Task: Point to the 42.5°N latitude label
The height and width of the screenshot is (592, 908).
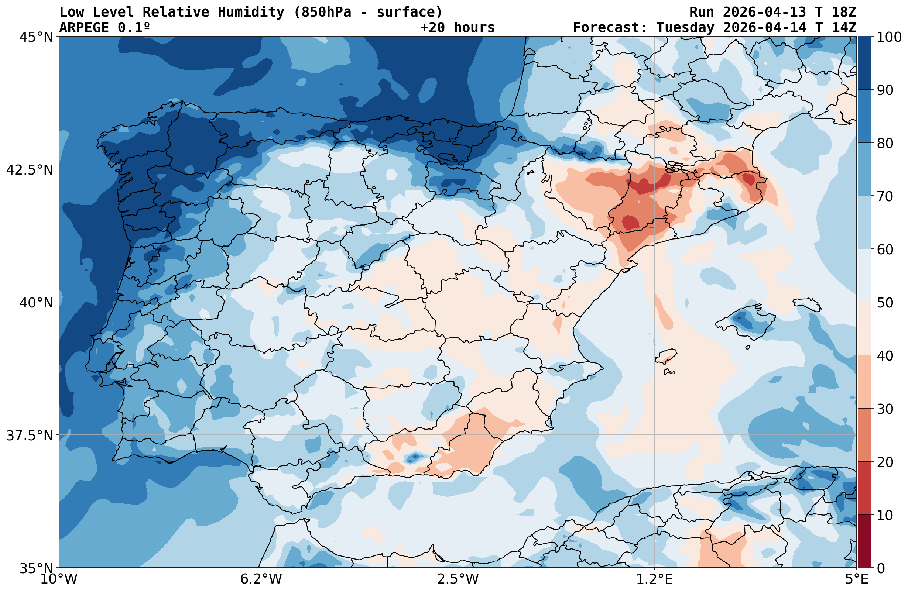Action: pos(30,170)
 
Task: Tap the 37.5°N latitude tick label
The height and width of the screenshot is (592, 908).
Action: pos(30,436)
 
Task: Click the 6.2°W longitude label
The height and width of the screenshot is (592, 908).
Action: pos(261,579)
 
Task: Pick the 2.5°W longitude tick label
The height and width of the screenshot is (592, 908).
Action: pos(458,579)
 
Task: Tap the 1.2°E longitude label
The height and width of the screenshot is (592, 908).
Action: pos(654,579)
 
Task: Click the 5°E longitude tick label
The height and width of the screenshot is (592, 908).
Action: pos(857,579)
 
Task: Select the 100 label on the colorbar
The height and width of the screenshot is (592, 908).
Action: pos(889,37)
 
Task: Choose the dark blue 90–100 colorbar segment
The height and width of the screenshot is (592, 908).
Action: pos(864,63)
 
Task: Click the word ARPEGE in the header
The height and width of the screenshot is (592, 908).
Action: pos(84,27)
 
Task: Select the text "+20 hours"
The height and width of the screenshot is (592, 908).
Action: pos(457,27)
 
